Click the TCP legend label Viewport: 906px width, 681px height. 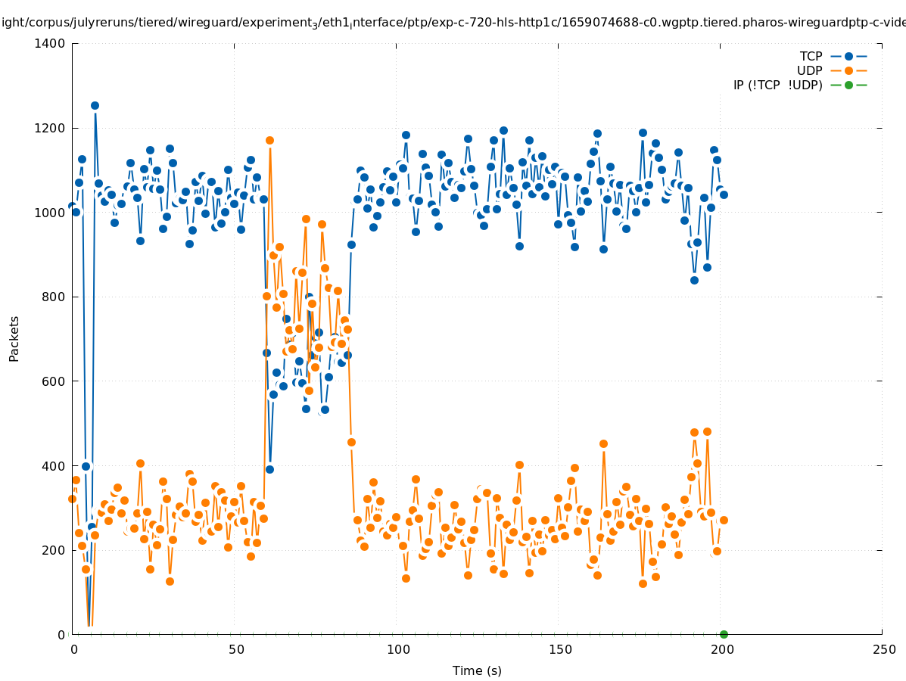811,57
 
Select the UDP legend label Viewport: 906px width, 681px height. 809,71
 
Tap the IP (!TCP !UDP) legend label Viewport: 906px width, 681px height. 777,86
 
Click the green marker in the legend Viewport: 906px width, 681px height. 848,86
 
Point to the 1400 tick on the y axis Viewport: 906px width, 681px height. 51,44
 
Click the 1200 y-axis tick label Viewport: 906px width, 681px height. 51,129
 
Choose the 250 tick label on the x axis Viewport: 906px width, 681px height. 883,650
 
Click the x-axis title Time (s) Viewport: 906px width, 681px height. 477,671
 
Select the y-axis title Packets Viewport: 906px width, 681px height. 14,338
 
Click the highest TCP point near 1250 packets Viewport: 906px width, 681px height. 95,106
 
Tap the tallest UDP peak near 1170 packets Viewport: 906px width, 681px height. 269,140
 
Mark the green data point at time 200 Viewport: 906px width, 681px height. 724,634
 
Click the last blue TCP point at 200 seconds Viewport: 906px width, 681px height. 724,194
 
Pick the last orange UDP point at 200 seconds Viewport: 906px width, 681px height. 724,520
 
